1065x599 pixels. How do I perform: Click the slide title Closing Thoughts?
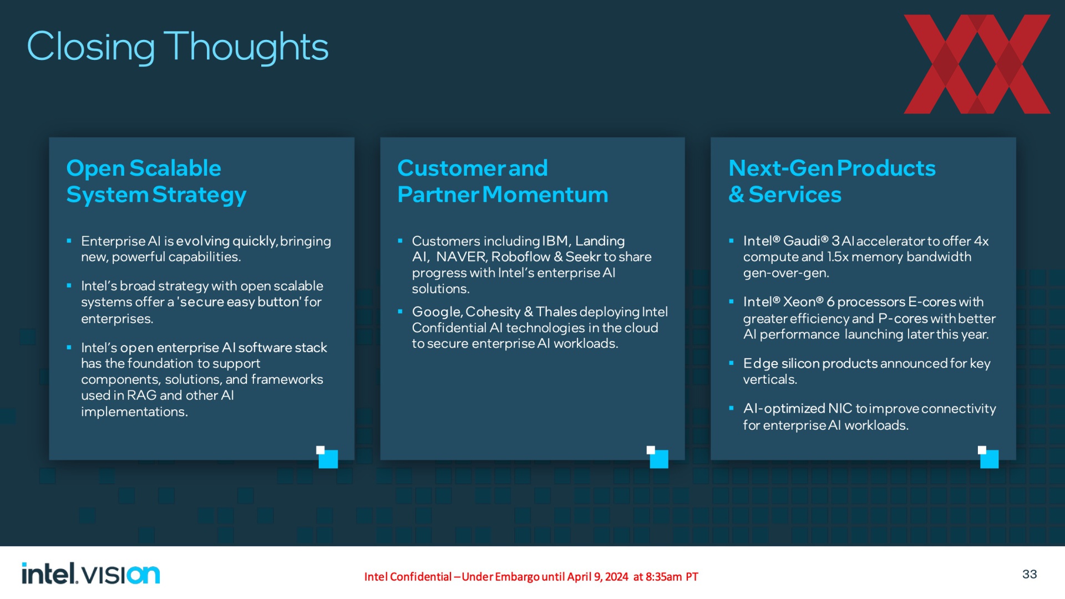point(177,47)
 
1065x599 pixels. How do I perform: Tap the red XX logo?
point(977,64)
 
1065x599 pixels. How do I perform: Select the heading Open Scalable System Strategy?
point(156,181)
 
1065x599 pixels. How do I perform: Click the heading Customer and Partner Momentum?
point(503,181)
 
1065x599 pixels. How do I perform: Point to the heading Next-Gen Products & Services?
point(832,181)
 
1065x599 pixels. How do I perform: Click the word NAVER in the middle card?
point(461,257)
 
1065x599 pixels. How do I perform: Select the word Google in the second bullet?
point(436,312)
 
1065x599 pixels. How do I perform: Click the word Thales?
point(556,312)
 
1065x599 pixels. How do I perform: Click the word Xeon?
point(799,302)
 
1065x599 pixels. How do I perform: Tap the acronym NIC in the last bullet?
point(840,409)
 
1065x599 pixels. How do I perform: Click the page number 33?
point(1029,574)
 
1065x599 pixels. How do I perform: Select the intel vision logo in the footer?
point(90,573)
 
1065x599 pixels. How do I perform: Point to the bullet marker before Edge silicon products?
point(731,363)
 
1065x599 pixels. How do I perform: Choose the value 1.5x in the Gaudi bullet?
point(838,257)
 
